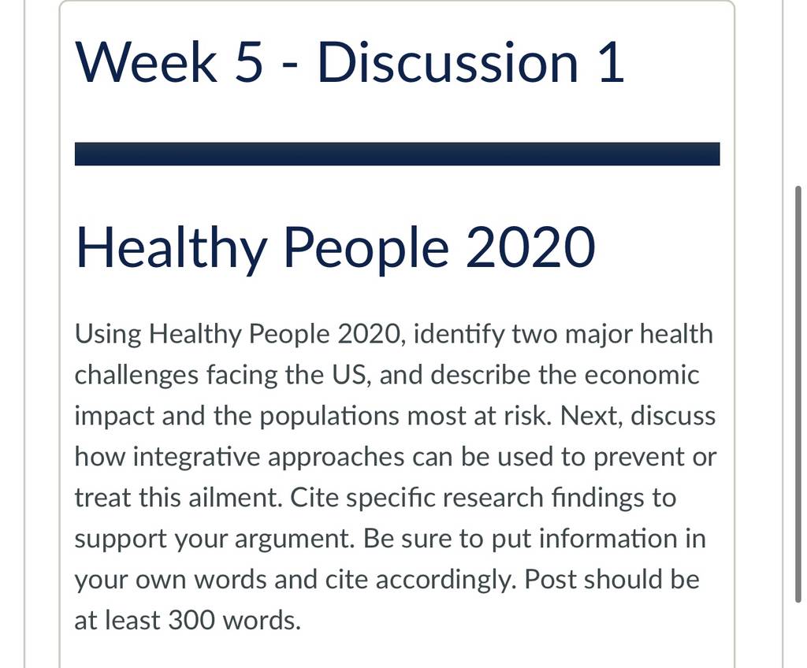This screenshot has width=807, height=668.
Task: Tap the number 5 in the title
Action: (x=249, y=62)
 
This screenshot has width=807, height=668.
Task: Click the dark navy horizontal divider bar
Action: (x=397, y=154)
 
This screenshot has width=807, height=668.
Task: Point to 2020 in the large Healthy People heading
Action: (x=530, y=247)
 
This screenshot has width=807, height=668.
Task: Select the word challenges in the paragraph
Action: (x=136, y=376)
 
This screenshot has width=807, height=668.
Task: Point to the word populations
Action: (x=329, y=417)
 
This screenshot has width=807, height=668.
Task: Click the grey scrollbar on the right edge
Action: (x=798, y=394)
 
